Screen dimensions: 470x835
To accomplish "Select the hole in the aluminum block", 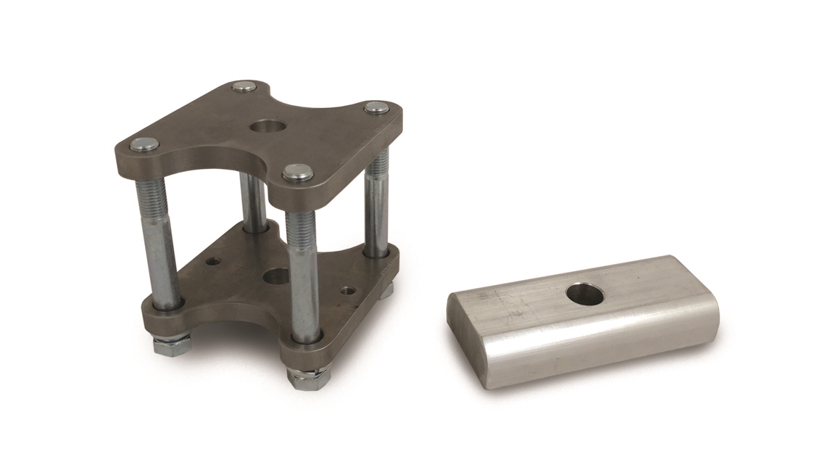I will pos(584,294).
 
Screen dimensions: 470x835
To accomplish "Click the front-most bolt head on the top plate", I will pos(297,173).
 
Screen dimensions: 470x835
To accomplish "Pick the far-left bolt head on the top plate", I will pos(145,144).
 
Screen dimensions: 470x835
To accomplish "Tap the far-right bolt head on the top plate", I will pos(375,108).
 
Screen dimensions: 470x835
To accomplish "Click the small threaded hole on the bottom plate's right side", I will pos(346,290).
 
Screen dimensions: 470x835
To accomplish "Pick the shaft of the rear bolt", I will pos(254,203).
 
